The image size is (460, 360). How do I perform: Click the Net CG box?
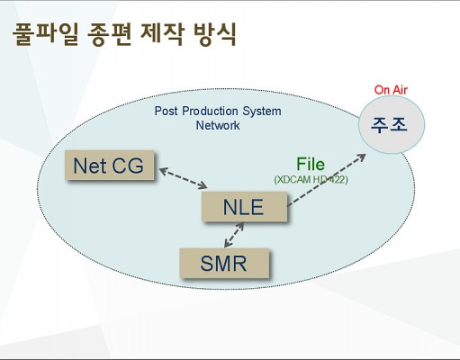[x=110, y=166]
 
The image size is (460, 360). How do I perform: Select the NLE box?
[x=244, y=207]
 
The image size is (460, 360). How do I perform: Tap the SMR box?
[x=224, y=264]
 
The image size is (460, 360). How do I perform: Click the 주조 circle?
[x=392, y=124]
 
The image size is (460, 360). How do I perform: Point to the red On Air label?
[x=391, y=90]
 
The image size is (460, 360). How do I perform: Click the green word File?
[x=311, y=164]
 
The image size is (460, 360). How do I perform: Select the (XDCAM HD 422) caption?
[x=311, y=179]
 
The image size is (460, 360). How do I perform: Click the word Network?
[x=218, y=125]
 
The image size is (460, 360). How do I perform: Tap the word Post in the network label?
[x=166, y=111]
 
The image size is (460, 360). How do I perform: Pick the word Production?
[x=211, y=111]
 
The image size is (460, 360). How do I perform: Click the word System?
[x=262, y=112]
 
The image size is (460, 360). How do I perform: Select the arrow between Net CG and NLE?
[x=183, y=178]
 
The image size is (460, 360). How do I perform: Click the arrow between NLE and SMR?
[x=234, y=235]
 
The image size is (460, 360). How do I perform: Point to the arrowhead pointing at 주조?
[x=362, y=157]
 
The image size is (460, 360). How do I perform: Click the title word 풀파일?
[x=45, y=34]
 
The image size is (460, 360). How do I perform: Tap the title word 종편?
[x=109, y=34]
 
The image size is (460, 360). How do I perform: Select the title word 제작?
[x=162, y=34]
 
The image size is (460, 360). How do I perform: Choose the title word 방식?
[x=215, y=34]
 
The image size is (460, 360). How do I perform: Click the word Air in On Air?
[x=400, y=90]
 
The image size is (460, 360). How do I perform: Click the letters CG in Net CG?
[x=128, y=166]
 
